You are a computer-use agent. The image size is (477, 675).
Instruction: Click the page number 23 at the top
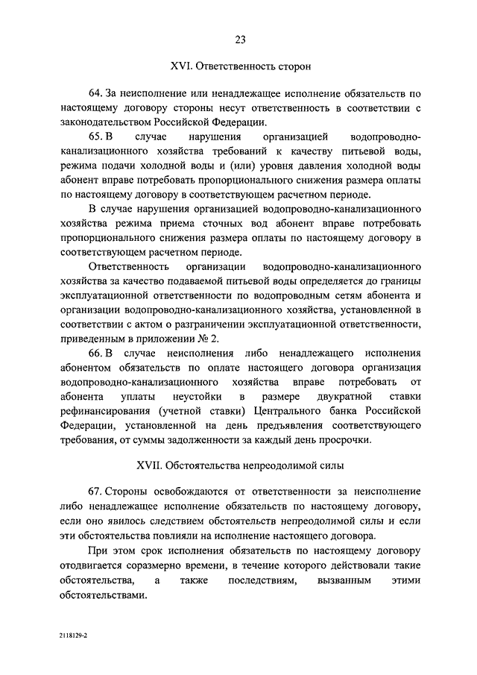coord(238,40)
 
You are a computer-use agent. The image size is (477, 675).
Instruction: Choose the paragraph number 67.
coord(95,493)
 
